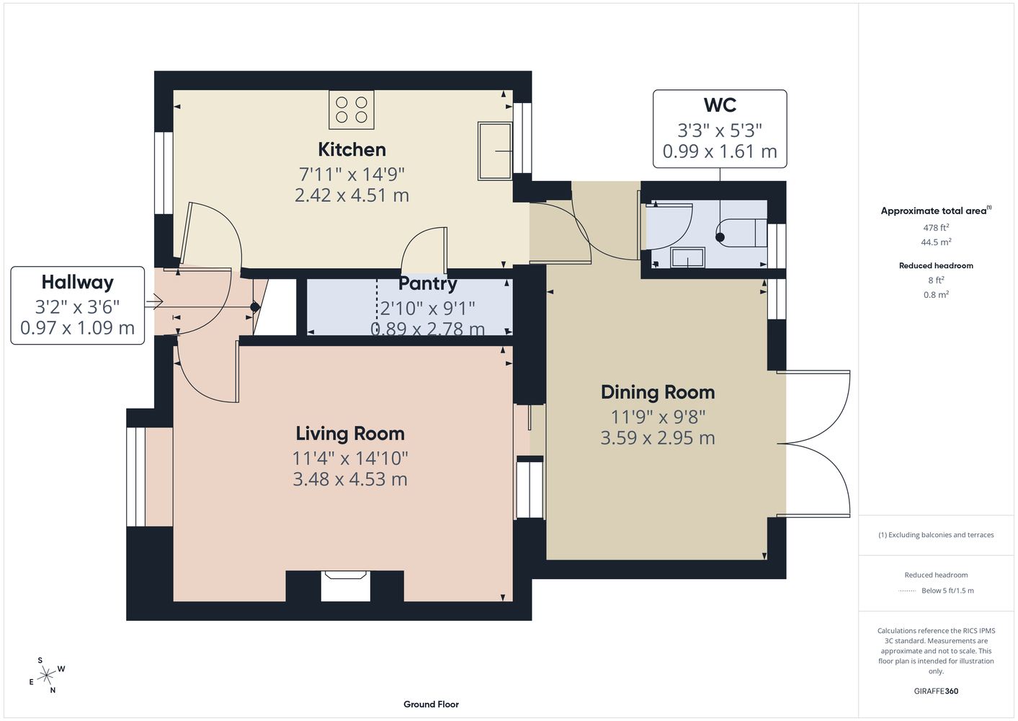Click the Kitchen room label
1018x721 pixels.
(x=352, y=150)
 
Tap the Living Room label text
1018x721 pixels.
(x=350, y=433)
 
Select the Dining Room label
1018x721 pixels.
(x=658, y=392)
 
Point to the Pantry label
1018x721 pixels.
(x=428, y=284)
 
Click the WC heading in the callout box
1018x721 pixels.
(x=720, y=105)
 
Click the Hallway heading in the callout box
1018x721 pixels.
(x=77, y=283)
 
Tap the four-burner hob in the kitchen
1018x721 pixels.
(x=352, y=110)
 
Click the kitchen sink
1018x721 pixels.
(x=495, y=151)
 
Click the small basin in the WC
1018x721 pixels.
(x=687, y=257)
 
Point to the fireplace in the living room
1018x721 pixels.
(x=345, y=586)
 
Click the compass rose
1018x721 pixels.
(x=47, y=676)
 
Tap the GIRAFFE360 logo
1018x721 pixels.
(x=936, y=691)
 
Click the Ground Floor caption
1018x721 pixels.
(x=431, y=704)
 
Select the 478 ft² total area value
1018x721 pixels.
(x=936, y=227)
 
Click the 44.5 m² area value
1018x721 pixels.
(x=936, y=242)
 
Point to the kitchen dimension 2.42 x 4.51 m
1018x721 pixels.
(x=352, y=195)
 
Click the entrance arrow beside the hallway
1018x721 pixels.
(x=153, y=301)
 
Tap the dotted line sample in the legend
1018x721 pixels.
(x=907, y=591)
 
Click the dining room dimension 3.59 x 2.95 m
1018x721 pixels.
(x=658, y=438)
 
